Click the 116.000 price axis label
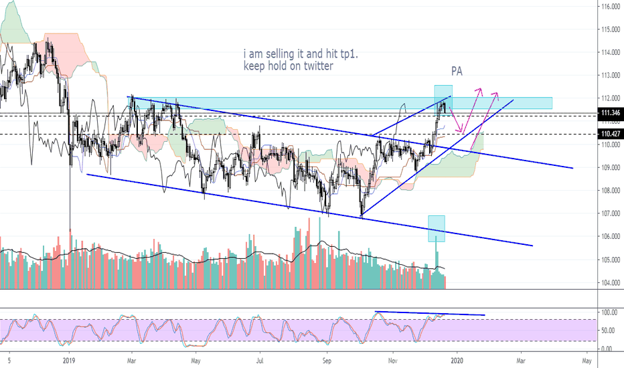coord(608,7)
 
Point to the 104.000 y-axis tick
coord(608,283)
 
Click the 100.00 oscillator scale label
coord(608,312)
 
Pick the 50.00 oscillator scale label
coord(608,331)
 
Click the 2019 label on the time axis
coord(70,360)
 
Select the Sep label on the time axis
coord(327,360)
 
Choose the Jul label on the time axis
coord(260,360)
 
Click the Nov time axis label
coord(394,360)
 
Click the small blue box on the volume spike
coord(437,228)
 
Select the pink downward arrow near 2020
coord(457,122)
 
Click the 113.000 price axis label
coord(608,76)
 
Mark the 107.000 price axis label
coord(608,213)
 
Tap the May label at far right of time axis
coord(587,360)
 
